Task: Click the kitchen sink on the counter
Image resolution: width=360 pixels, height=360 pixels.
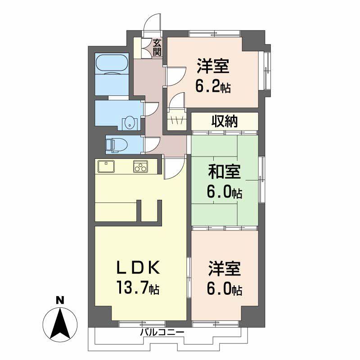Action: (106, 166)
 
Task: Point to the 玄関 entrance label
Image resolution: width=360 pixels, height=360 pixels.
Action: (157, 47)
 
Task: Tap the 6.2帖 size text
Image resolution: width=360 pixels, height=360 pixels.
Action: (213, 86)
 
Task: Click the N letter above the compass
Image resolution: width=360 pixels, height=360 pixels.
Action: (59, 300)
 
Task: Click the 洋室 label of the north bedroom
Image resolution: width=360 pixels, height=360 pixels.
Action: (213, 67)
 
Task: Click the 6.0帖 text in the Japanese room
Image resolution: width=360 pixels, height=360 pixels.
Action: (224, 193)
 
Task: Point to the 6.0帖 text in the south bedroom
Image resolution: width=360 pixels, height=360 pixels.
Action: (225, 289)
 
